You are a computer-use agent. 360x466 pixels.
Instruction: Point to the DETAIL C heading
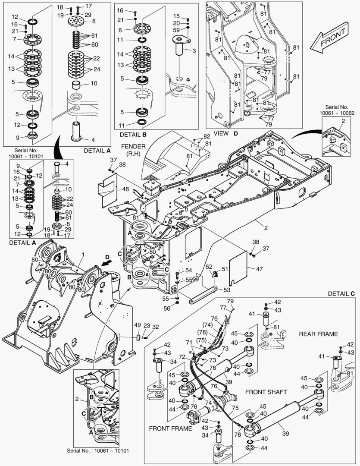coord(341,294)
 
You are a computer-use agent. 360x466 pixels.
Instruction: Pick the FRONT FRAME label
coord(170,428)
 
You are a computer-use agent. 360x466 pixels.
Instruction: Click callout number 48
coord(125,189)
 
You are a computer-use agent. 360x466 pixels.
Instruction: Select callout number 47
coord(259,268)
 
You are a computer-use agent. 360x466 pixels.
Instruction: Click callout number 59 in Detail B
coord(177,30)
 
